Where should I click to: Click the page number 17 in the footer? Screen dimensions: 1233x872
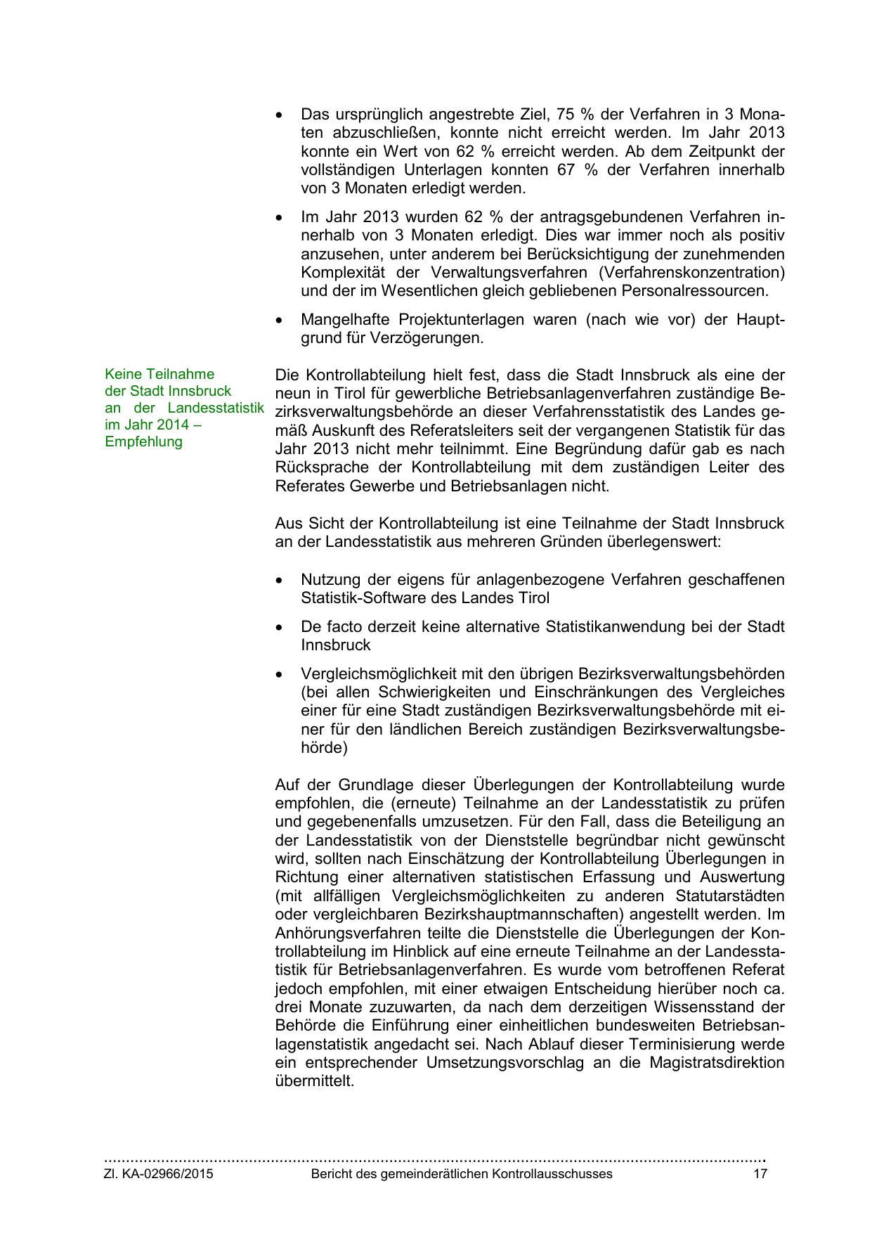pyautogui.click(x=760, y=1174)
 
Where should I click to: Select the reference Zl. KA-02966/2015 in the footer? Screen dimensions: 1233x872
pyautogui.click(x=159, y=1174)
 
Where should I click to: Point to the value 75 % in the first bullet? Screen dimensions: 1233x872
pyautogui.click(x=571, y=115)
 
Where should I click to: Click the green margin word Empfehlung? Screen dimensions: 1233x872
pyautogui.click(x=143, y=441)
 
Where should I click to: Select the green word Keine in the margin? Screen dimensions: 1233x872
pyautogui.click(x=124, y=374)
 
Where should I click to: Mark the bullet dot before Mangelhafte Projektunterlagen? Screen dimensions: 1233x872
pyautogui.click(x=280, y=320)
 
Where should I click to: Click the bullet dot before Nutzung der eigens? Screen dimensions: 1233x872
pyautogui.click(x=280, y=581)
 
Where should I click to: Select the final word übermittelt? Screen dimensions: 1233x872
pyautogui.click(x=314, y=1080)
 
